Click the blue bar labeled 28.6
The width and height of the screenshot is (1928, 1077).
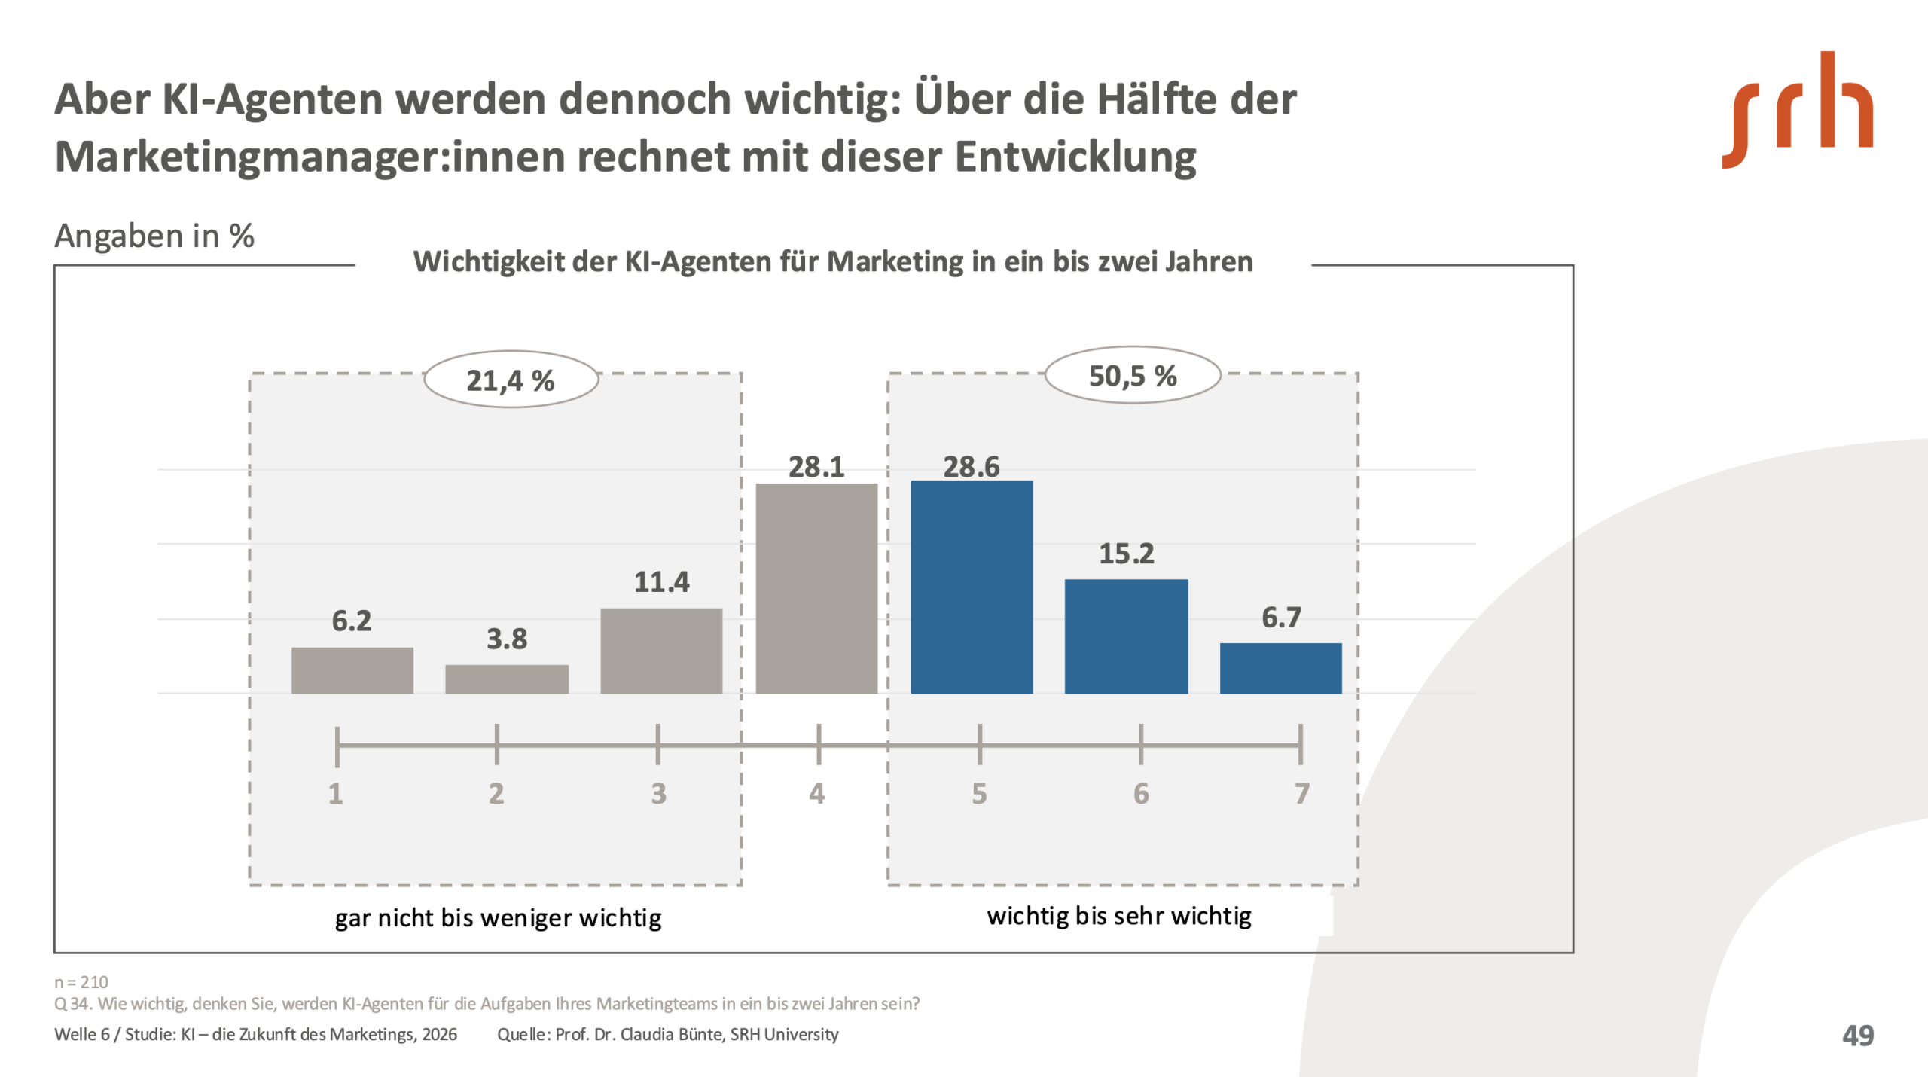pyautogui.click(x=972, y=587)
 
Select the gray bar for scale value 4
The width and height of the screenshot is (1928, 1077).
pyautogui.click(x=816, y=588)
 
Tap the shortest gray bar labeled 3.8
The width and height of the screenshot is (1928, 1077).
pyautogui.click(x=507, y=679)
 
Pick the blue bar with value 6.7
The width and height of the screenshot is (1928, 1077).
pyautogui.click(x=1280, y=668)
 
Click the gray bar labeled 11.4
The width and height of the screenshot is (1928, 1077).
pyautogui.click(x=661, y=651)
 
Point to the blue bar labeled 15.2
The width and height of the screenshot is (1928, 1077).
pyautogui.click(x=1126, y=636)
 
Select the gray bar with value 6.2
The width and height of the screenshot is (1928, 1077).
pyautogui.click(x=352, y=670)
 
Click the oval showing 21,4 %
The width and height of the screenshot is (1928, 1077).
pyautogui.click(x=511, y=380)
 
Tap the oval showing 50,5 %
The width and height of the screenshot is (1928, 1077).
pyautogui.click(x=1133, y=375)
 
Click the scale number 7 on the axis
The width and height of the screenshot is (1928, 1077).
pyautogui.click(x=1302, y=793)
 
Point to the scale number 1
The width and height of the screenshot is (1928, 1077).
pyautogui.click(x=336, y=793)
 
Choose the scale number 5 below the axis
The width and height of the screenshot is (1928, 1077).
pyautogui.click(x=979, y=793)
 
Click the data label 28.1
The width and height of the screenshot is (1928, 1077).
pyautogui.click(x=816, y=467)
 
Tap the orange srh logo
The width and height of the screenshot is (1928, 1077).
pyautogui.click(x=1797, y=110)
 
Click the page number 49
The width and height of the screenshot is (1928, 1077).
pyautogui.click(x=1858, y=1035)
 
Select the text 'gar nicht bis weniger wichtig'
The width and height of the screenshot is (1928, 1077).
pyautogui.click(x=498, y=918)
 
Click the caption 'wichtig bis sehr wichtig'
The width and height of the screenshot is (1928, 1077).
pyautogui.click(x=1119, y=916)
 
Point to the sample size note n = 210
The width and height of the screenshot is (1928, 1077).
pyautogui.click(x=81, y=981)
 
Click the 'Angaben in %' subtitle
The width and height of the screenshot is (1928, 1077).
pyautogui.click(x=154, y=236)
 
